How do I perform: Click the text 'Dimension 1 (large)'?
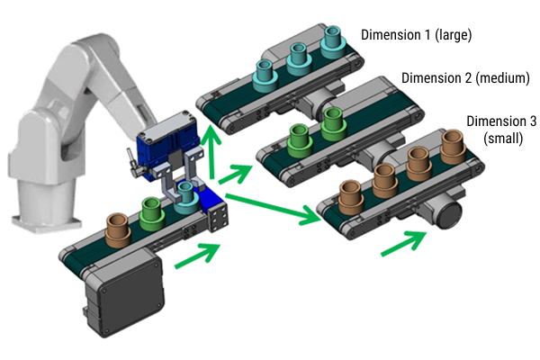coord(416,34)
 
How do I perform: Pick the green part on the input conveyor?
coord(150,212)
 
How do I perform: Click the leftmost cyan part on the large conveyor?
coord(267,72)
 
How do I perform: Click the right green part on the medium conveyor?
coord(333,121)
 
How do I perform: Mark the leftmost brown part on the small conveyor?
coord(350,195)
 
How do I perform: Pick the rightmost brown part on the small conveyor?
coord(452,142)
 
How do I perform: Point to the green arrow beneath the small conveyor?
coord(404,241)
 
